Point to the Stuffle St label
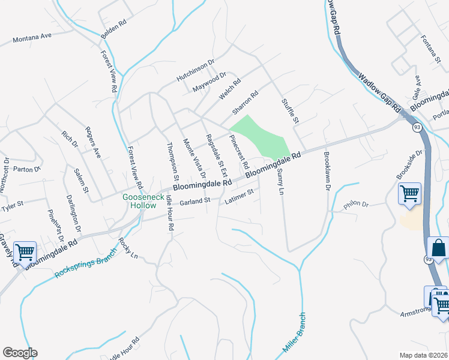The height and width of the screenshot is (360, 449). point(290,112)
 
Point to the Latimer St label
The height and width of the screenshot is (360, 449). point(240,196)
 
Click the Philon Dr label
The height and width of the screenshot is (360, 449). point(355,205)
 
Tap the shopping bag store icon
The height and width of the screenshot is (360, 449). point(439,248)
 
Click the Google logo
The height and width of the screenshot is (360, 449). point(20,353)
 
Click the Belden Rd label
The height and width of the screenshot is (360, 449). point(114,29)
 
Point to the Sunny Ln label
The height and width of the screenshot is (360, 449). point(280,180)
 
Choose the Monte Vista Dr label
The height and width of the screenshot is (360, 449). point(194,157)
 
